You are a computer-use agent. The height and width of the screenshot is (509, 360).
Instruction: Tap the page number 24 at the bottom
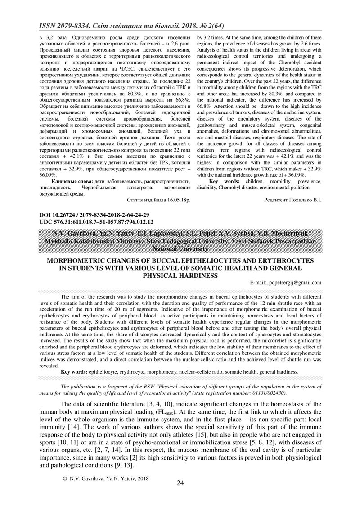click(180, 483)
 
